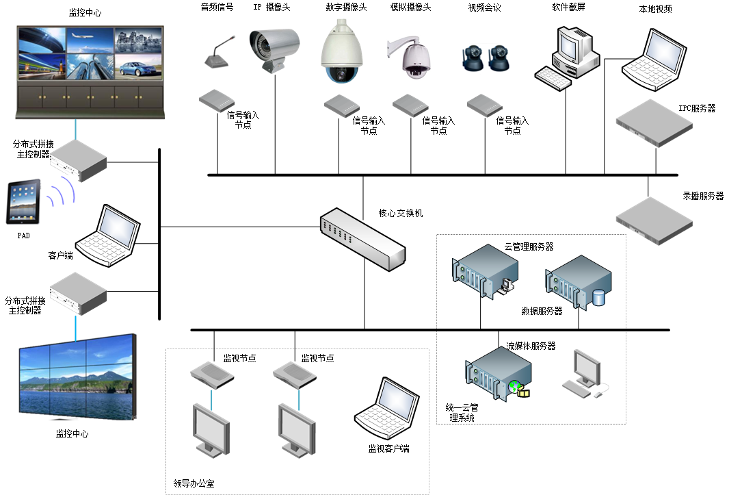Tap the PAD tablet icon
click(x=23, y=202)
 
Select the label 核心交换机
click(x=401, y=213)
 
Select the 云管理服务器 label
click(x=529, y=246)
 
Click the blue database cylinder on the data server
click(x=598, y=298)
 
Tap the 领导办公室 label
click(x=195, y=483)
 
